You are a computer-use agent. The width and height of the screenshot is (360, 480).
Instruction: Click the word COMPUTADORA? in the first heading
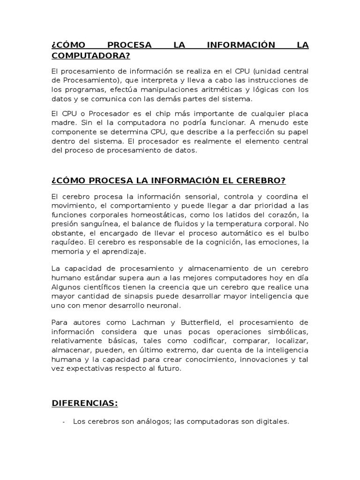90,56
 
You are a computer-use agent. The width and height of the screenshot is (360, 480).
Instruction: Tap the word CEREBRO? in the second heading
262,181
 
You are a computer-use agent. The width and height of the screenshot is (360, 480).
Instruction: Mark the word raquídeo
68,242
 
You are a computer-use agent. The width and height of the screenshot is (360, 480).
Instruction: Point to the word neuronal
164,306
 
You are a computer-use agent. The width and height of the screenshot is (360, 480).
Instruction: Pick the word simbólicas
288,331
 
